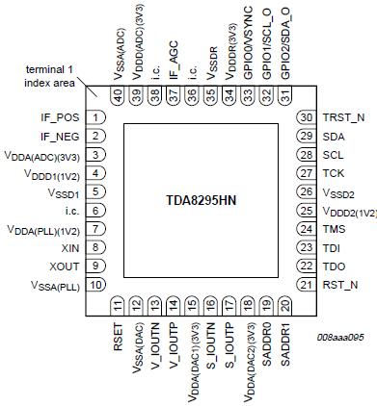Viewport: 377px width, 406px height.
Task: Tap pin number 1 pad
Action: pos(97,117)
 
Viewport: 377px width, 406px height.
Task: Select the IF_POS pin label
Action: pos(60,117)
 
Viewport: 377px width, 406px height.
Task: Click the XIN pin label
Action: pos(68,247)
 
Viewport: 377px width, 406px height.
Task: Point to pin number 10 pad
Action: pos(97,284)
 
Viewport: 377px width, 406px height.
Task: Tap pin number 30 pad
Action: pos(308,117)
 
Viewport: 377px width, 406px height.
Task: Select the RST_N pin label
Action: pos(340,284)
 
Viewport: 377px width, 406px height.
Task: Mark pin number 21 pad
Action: pos(308,284)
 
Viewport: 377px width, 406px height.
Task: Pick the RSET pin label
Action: pos(119,340)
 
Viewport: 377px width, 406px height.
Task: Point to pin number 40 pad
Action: pos(119,95)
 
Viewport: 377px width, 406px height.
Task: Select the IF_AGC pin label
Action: pos(175,63)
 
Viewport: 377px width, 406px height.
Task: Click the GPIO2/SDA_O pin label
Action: pos(285,44)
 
